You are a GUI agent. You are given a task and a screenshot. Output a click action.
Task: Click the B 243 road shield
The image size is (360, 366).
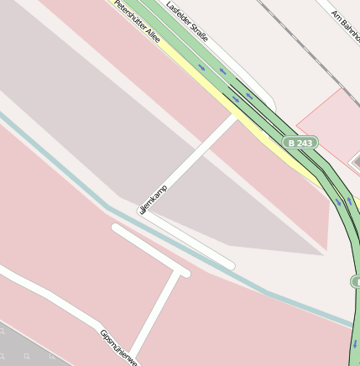coord(300,144)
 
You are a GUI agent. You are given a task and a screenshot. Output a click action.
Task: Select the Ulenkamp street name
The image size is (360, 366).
coord(154,198)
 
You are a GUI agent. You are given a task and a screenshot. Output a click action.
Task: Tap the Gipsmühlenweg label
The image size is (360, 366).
coord(117,347)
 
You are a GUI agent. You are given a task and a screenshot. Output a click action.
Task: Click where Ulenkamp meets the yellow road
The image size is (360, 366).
coord(236,118)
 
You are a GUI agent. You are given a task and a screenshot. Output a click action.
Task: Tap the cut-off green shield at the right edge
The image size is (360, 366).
coord(355,281)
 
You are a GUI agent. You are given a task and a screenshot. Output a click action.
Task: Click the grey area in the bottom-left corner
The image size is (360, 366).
coord(25,348)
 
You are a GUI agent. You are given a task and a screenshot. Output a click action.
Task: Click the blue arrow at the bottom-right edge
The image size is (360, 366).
coord(354,342)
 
